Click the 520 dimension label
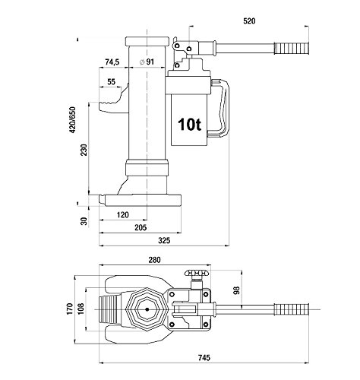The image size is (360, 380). point(249,21)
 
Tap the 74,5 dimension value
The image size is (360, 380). point(112,62)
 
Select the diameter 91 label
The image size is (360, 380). point(147,62)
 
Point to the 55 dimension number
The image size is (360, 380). point(111,82)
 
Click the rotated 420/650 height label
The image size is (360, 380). point(72,120)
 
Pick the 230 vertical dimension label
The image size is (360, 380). point(84,150)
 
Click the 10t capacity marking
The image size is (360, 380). point(189,125)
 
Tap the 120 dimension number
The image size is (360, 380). point(123,215)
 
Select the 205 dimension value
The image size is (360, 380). point(141,227)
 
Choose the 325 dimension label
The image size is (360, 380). point(164,240)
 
